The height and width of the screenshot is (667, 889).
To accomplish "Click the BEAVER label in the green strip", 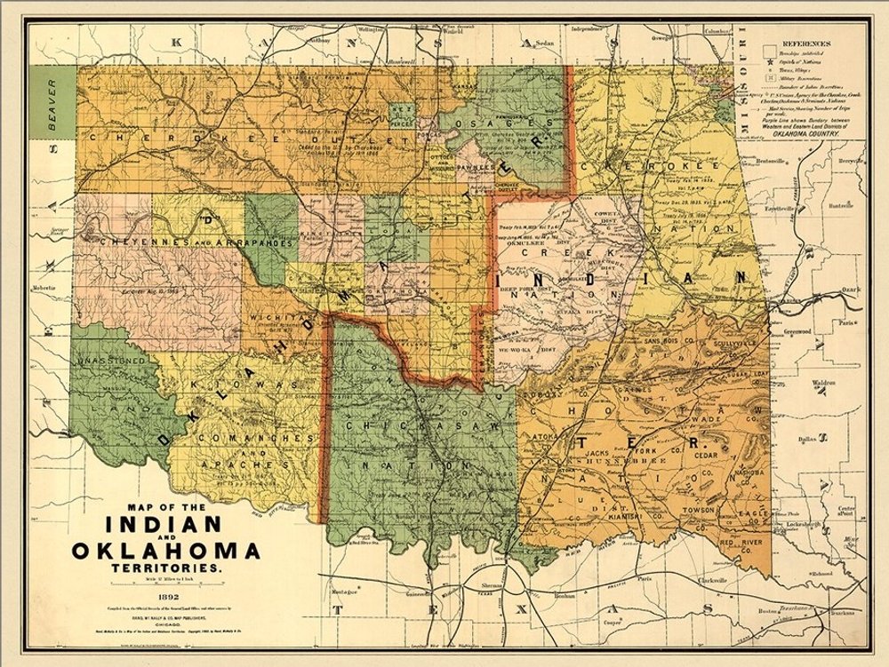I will tap(52, 106).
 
